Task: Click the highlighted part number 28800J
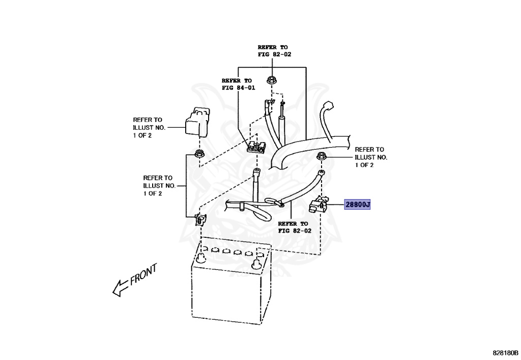click(x=358, y=205)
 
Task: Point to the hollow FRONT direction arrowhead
click(x=119, y=289)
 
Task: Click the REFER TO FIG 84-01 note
click(x=237, y=84)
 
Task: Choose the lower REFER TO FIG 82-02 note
click(x=293, y=227)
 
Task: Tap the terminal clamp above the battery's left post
click(x=199, y=220)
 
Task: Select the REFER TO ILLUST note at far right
click(x=371, y=157)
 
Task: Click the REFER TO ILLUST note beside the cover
click(x=150, y=127)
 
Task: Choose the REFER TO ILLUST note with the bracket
click(x=160, y=185)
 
